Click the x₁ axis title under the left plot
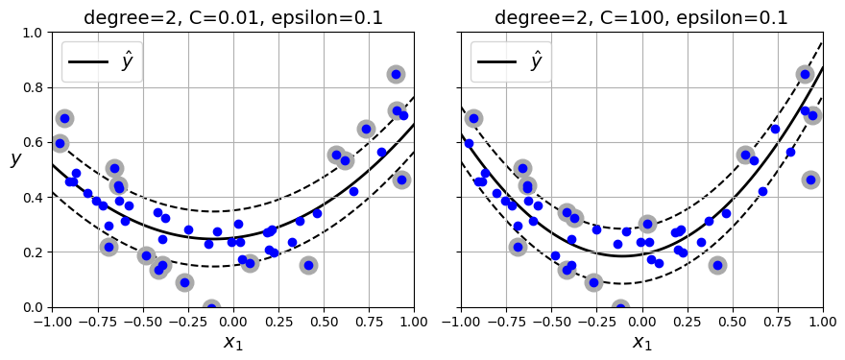tap(232, 343)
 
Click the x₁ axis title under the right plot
tap(642, 343)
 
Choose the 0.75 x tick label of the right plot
tap(778, 320)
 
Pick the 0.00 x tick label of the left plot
tap(232, 320)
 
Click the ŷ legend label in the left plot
tap(127, 61)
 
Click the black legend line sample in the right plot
tap(496, 61)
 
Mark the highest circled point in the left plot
tap(396, 74)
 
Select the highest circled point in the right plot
tap(806, 74)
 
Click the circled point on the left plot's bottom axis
tap(212, 307)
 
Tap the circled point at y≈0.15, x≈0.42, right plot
tap(718, 265)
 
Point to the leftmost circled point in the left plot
tap(60, 143)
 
